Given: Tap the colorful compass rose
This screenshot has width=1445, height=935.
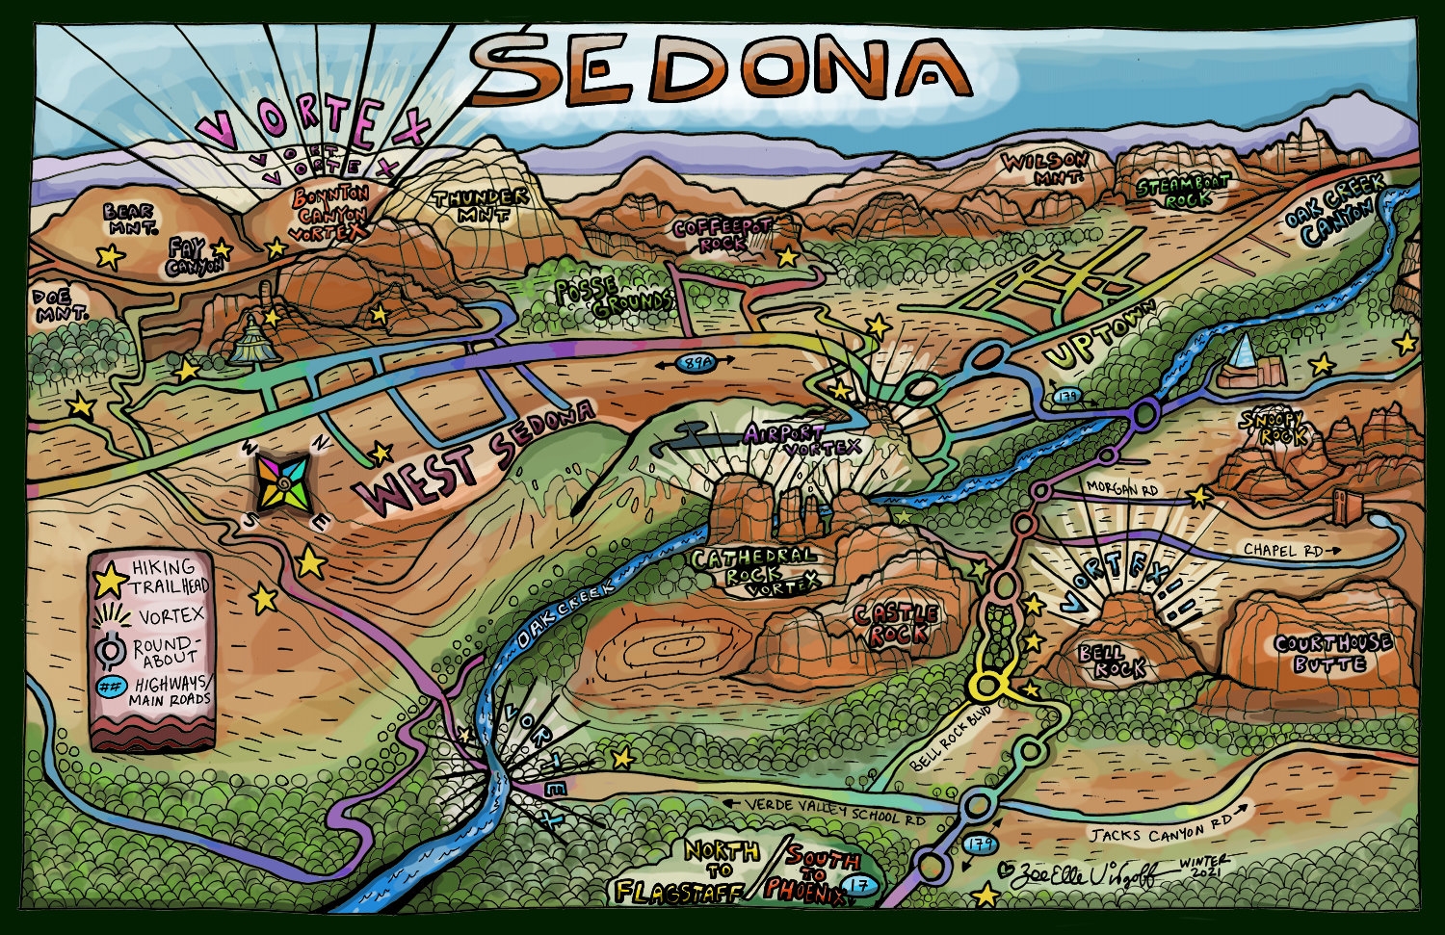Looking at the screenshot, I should pyautogui.click(x=282, y=482).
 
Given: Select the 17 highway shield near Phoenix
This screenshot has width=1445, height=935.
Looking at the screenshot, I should pyautogui.click(x=853, y=886).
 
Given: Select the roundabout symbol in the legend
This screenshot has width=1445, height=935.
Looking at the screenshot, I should pyautogui.click(x=113, y=654).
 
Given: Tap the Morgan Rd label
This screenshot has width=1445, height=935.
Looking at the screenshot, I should pyautogui.click(x=1119, y=489).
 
